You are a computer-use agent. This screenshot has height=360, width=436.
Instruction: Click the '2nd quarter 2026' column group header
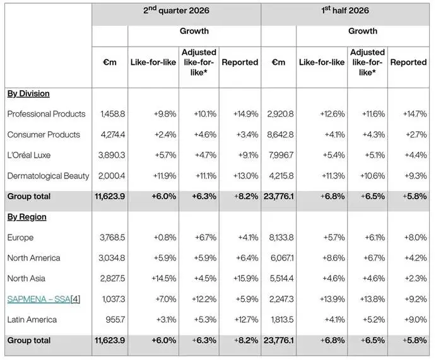pos(176,10)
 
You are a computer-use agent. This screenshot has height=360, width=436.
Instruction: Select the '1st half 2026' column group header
pos(345,10)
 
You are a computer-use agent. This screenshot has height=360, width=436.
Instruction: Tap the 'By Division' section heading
pos(28,93)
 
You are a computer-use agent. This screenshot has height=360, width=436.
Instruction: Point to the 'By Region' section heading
pos(27,217)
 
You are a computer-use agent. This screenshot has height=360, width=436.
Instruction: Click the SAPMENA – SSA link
pos(38,299)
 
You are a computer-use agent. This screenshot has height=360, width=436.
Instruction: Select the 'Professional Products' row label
pos(46,114)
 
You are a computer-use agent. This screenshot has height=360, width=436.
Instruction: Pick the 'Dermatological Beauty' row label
pos(48,176)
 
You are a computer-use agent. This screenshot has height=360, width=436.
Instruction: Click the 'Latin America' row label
pos(32,320)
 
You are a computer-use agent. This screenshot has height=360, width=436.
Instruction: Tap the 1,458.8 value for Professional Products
pos(112,114)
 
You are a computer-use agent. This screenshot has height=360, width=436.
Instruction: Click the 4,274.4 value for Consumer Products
pos(112,135)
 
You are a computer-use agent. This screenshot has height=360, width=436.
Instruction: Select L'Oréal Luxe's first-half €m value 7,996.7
pos(281,155)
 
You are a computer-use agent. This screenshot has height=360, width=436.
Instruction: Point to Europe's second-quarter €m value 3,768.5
pos(112,238)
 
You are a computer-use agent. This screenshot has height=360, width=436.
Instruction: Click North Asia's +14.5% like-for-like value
pos(164,279)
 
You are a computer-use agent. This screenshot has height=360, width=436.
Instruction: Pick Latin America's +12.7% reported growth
pos(246,320)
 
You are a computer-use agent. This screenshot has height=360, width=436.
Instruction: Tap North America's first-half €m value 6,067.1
pos(282,258)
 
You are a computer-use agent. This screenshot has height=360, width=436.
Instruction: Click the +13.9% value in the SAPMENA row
pos(332,299)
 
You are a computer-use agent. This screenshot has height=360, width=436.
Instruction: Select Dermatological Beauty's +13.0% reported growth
pos(246,176)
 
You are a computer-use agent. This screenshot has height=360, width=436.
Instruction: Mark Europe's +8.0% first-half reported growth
pos(415,238)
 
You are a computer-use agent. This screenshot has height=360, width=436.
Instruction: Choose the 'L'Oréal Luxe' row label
pos(29,155)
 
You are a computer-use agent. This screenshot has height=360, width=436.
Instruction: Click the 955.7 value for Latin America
pos(115,320)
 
